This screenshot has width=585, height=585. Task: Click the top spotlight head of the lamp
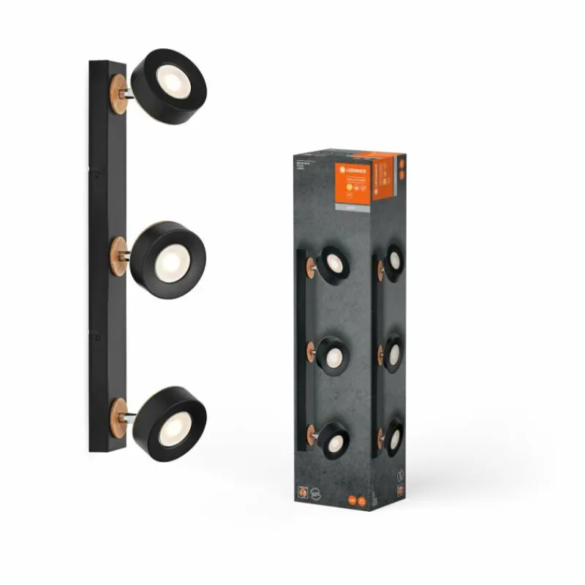coord(169,86)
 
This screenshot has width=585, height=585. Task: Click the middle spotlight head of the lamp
coord(169,260)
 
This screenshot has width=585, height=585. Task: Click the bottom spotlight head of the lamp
coord(169,423)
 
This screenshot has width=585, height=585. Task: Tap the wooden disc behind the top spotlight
coord(118,95)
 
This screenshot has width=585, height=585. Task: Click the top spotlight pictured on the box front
coord(333,264)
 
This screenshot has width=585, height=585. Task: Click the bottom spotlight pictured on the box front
coord(333,440)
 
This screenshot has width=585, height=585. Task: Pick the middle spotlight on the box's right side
coord(393,354)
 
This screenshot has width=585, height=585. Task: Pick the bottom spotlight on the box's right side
coord(393,437)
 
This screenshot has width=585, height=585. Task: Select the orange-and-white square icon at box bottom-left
coord(301,492)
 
